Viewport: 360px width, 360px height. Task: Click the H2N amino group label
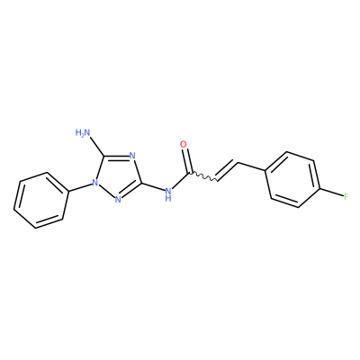click(x=83, y=132)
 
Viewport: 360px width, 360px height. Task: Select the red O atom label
click(x=184, y=144)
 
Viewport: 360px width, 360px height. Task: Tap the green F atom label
click(x=346, y=197)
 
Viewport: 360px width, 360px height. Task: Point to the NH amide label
click(x=168, y=193)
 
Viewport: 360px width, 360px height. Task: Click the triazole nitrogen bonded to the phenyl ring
click(x=95, y=182)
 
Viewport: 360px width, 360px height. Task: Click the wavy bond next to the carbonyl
click(x=203, y=177)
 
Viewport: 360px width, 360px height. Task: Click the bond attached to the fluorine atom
click(x=331, y=193)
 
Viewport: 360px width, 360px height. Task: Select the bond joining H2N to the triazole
click(x=96, y=147)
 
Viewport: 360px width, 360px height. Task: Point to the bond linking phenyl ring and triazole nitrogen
click(x=80, y=187)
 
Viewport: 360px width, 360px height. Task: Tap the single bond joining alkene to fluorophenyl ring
click(x=251, y=167)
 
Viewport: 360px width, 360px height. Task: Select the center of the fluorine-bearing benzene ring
click(x=292, y=180)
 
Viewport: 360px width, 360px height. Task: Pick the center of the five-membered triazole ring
click(x=118, y=175)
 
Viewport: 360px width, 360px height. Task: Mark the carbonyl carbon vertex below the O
click(x=189, y=173)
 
